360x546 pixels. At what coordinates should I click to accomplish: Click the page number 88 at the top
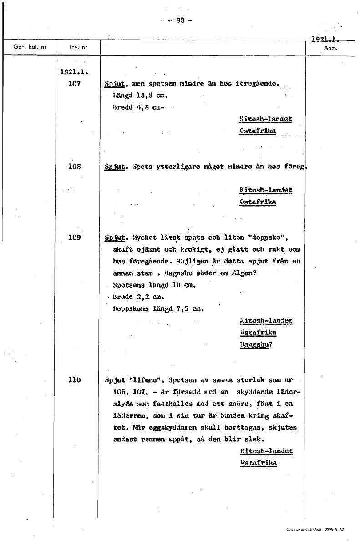[180, 20]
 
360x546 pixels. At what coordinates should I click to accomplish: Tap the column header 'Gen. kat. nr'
[28, 47]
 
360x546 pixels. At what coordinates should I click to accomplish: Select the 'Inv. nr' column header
[78, 47]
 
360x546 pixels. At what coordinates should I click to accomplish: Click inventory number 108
[74, 167]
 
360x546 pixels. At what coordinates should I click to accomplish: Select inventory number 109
[74, 237]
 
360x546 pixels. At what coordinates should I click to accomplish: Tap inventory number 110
[74, 379]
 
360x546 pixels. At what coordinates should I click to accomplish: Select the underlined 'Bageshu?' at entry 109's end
[256, 344]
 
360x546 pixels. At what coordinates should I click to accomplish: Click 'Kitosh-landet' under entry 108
[265, 190]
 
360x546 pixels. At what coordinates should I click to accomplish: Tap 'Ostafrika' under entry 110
[258, 463]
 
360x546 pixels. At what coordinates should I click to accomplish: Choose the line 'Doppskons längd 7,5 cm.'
[157, 309]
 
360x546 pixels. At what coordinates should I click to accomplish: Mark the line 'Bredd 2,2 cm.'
[138, 297]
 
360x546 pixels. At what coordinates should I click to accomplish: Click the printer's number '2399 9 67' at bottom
[335, 529]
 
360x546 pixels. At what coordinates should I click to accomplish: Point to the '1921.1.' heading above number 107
[74, 72]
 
